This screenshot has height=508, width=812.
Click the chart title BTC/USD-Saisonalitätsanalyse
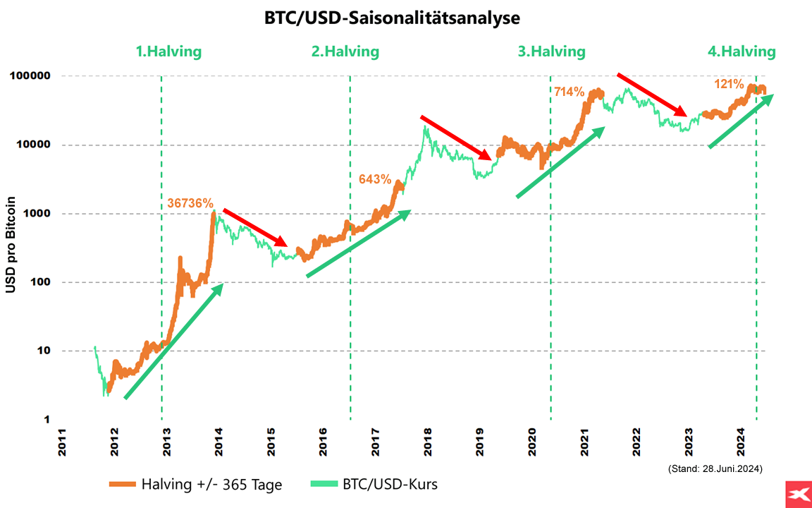(x=392, y=18)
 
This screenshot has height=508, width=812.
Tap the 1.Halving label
(x=168, y=52)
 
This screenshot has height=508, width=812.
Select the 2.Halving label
(x=345, y=52)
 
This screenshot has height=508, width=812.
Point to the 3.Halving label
(x=552, y=52)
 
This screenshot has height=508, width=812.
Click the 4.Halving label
(x=742, y=52)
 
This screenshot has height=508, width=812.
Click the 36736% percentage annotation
(x=190, y=203)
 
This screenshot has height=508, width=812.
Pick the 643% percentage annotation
(x=375, y=179)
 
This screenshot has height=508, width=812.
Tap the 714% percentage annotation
(x=569, y=92)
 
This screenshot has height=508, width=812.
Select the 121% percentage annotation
(x=729, y=84)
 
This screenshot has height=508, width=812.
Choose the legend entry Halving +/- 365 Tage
(x=196, y=485)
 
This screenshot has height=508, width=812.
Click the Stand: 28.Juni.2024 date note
(x=715, y=468)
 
